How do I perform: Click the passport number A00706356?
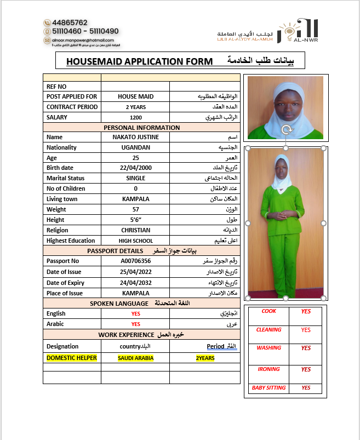pyautogui.click(x=136, y=261)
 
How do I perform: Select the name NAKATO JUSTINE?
pyautogui.click(x=136, y=137)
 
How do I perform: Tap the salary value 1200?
pyautogui.click(x=136, y=117)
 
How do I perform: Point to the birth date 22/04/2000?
pyautogui.click(x=136, y=168)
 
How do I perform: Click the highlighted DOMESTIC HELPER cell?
pyautogui.click(x=72, y=358)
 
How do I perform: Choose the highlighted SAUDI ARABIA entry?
pyautogui.click(x=136, y=358)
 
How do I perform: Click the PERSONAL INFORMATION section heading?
pyautogui.click(x=142, y=127)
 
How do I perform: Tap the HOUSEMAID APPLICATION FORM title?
pyautogui.click(x=139, y=61)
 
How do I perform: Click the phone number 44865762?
pyautogui.click(x=70, y=22)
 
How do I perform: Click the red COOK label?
pyautogui.click(x=268, y=311)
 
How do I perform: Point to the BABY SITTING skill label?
pyautogui.click(x=268, y=388)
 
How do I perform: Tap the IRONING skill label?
pyautogui.click(x=268, y=369)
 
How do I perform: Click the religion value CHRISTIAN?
pyautogui.click(x=136, y=230)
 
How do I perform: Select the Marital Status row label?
pyautogui.click(x=66, y=178)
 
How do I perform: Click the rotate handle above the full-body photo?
pyautogui.click(x=285, y=130)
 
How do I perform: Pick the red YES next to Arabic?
pyautogui.click(x=136, y=324)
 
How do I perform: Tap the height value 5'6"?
pyautogui.click(x=136, y=220)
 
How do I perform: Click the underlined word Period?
pyautogui.click(x=216, y=346)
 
